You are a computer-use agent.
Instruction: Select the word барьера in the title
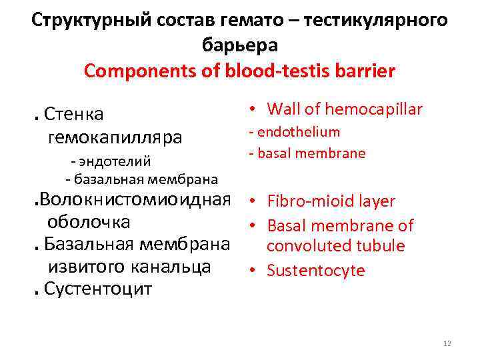[239, 45]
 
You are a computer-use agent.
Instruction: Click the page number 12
[447, 343]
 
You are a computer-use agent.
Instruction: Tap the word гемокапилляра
[115, 138]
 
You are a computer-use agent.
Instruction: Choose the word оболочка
[89, 221]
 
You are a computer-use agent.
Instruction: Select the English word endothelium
[298, 132]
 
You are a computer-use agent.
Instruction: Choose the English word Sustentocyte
[316, 270]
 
